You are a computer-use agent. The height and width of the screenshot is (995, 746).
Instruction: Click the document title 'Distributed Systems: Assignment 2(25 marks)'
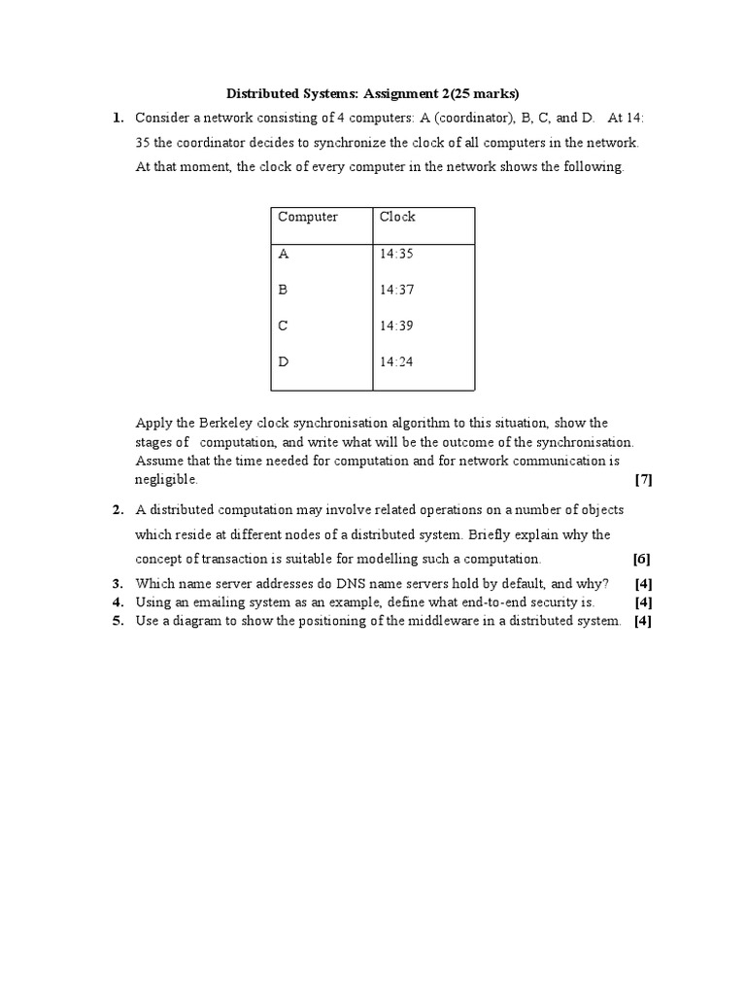[373, 93]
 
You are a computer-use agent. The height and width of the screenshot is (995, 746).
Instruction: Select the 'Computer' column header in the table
[308, 217]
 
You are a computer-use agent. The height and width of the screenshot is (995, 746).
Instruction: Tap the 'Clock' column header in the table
[397, 217]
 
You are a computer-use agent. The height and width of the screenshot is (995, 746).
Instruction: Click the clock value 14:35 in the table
[397, 254]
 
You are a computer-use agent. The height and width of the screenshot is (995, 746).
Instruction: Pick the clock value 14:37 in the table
[397, 290]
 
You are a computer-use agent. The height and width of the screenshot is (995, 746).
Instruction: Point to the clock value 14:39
[397, 326]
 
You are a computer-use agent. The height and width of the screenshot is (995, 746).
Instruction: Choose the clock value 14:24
[397, 361]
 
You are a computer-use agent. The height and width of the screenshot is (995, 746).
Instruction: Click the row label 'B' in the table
[284, 290]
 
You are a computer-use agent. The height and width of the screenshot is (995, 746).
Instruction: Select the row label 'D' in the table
[284, 361]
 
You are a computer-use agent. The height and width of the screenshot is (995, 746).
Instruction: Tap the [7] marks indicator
[642, 479]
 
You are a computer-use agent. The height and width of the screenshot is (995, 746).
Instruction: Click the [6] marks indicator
[641, 559]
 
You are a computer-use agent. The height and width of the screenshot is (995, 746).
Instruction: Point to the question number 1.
[118, 118]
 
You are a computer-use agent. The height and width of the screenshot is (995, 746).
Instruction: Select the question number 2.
[118, 509]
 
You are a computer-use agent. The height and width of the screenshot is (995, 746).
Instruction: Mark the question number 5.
[118, 621]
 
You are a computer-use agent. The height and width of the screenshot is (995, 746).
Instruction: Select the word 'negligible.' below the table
[166, 479]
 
